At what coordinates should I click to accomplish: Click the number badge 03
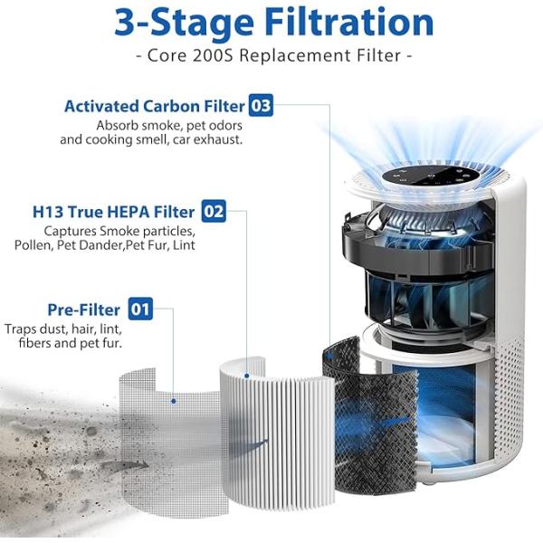click(261, 106)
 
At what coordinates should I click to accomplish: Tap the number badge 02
click(213, 212)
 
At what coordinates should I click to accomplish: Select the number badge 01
click(140, 310)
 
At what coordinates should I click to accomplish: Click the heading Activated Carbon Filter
click(154, 106)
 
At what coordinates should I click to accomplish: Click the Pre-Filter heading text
click(82, 310)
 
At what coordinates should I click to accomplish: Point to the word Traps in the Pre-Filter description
click(21, 329)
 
